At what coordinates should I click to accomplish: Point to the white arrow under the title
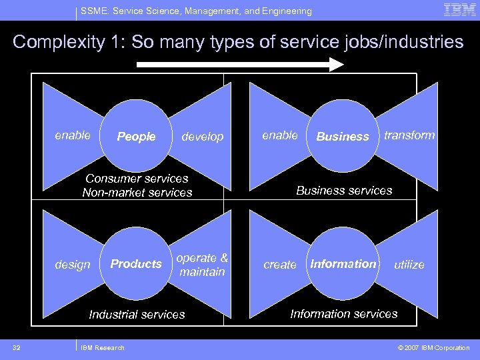pyautogui.click(x=240, y=65)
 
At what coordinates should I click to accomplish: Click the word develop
pyautogui.click(x=203, y=137)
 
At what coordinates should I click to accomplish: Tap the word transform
pyautogui.click(x=409, y=135)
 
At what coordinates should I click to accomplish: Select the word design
pyautogui.click(x=73, y=265)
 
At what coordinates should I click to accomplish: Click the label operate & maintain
pyautogui.click(x=202, y=265)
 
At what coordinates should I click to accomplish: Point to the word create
pyautogui.click(x=280, y=265)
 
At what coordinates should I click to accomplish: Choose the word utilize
pyautogui.click(x=409, y=265)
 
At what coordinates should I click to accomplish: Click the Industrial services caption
pyautogui.click(x=137, y=314)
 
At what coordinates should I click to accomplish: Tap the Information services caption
pyautogui.click(x=344, y=313)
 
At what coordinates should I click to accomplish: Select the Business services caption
pyautogui.click(x=344, y=191)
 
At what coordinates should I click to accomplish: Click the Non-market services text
pyautogui.click(x=137, y=193)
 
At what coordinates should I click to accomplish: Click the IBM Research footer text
pyautogui.click(x=102, y=347)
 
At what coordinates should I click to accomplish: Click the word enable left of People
pyautogui.click(x=73, y=135)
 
